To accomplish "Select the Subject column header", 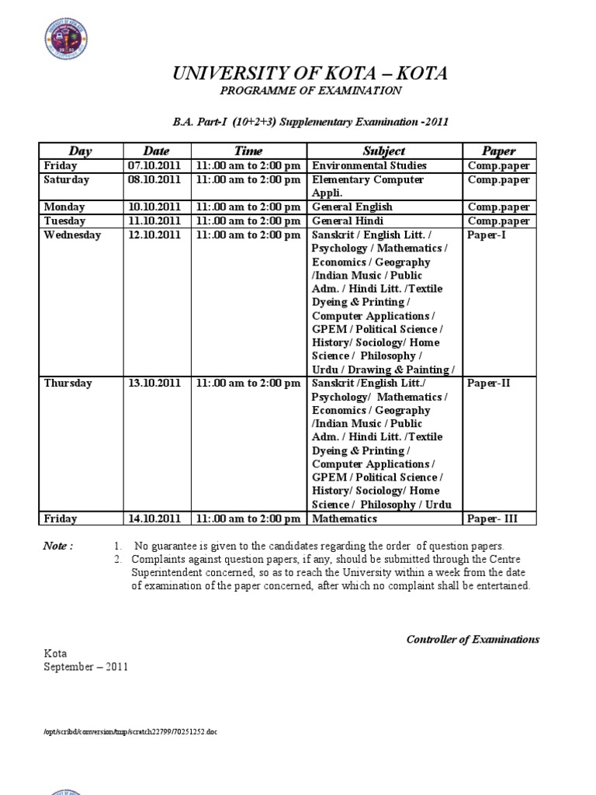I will (x=383, y=151).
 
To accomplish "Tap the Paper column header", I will (x=499, y=151).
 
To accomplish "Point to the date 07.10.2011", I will (x=154, y=166).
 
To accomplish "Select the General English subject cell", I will (x=352, y=207).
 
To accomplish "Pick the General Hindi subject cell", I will (x=348, y=221).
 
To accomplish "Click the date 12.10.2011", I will (x=154, y=235).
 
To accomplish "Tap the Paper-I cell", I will (x=487, y=235).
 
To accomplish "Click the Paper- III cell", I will (x=492, y=519).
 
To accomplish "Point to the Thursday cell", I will (x=68, y=384).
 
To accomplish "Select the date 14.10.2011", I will (x=154, y=519).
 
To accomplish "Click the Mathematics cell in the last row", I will (x=345, y=519).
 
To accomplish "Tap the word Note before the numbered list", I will (x=58, y=547).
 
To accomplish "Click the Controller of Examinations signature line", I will (x=473, y=640).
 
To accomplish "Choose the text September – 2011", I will (x=85, y=667).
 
